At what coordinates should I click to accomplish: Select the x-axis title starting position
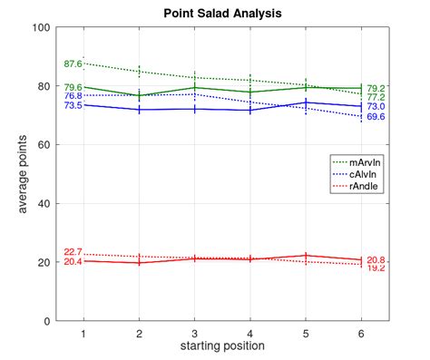[222, 345]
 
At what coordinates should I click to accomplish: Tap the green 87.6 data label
[73, 64]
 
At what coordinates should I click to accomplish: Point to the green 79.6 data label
[73, 87]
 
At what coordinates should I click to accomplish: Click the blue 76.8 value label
[73, 95]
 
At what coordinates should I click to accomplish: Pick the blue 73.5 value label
[73, 106]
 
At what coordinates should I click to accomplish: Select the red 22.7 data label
[73, 252]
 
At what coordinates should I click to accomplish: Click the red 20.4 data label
[73, 261]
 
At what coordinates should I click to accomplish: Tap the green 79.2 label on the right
[376, 88]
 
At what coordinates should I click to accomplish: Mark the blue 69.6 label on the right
[376, 117]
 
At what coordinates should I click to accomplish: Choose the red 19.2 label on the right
[376, 268]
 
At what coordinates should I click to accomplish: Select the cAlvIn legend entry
[366, 174]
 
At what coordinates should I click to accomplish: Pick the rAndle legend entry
[366, 186]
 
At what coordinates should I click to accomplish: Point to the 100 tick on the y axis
[40, 27]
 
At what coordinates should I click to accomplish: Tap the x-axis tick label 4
[250, 334]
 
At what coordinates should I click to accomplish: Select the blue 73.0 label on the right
[376, 106]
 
